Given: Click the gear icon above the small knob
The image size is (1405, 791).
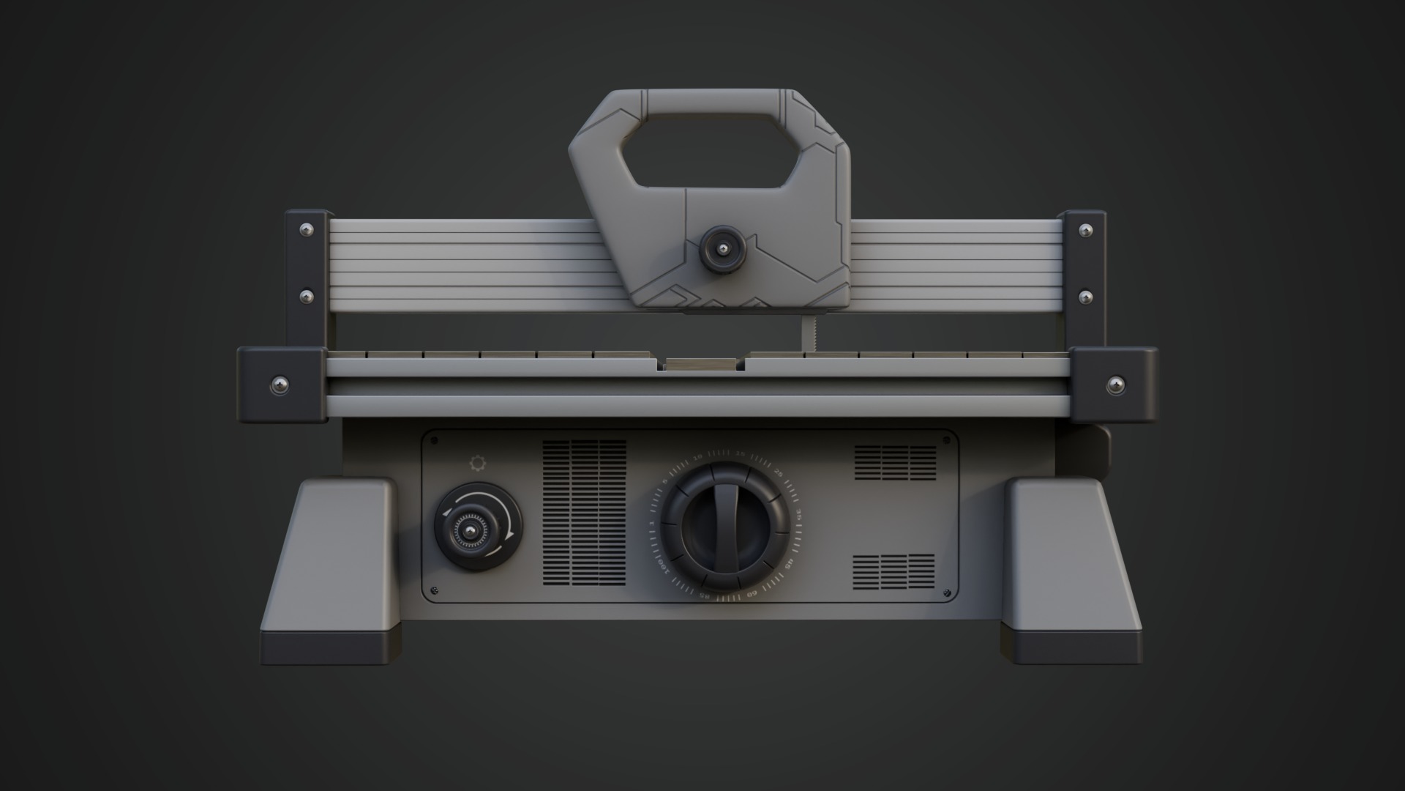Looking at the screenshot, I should tap(477, 463).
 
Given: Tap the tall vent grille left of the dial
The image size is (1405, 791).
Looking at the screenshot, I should tap(584, 513).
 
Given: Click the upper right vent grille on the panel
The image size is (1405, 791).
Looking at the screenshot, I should tap(895, 462).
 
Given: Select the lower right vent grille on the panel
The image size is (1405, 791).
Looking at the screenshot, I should tap(893, 571).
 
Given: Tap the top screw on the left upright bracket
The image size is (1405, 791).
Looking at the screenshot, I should tap(307, 230).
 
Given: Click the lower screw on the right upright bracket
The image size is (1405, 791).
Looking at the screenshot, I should tap(1086, 297).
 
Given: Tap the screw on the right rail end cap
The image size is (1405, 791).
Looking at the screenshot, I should tap(1114, 383).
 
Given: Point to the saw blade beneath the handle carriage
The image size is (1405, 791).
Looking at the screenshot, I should tap(809, 333).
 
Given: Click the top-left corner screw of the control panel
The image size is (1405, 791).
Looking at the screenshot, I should tap(434, 442).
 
